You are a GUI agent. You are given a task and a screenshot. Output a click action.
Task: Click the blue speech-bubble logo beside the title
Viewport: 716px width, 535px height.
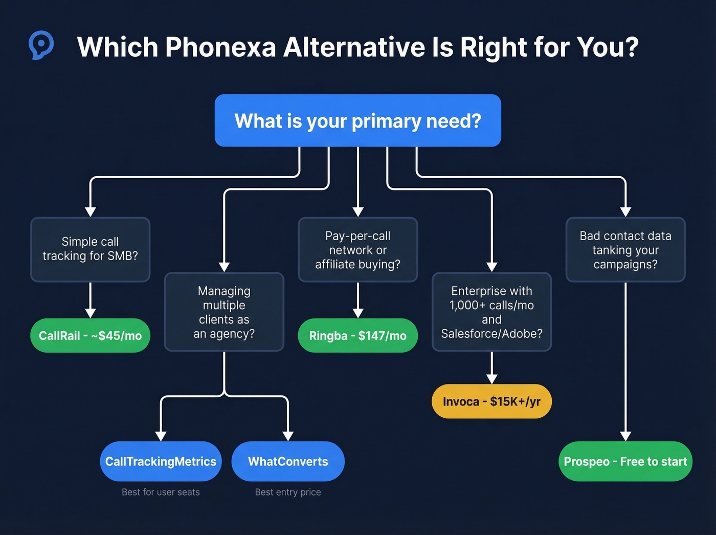[x=41, y=45]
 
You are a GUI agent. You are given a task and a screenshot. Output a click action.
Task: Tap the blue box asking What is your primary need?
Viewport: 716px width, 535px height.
[x=357, y=121]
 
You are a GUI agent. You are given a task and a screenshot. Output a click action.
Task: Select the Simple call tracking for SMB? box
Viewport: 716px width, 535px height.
[x=90, y=249]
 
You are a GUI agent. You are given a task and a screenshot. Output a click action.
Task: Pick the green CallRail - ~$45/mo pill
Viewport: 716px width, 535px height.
[x=90, y=336]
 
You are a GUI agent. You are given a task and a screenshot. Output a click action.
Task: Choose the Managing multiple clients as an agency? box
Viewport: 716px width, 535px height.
[x=224, y=312]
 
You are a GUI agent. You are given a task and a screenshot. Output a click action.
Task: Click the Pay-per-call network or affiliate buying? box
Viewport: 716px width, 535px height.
[x=357, y=249]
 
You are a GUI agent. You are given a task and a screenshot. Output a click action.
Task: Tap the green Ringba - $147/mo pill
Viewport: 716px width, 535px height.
[x=357, y=336]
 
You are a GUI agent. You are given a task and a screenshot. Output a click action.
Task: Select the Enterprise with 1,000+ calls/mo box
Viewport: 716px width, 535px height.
[x=491, y=312]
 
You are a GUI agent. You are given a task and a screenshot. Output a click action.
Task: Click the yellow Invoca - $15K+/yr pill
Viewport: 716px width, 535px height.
[x=491, y=401]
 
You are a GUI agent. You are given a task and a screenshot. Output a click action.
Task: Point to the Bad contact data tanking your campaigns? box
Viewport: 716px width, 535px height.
[x=625, y=249]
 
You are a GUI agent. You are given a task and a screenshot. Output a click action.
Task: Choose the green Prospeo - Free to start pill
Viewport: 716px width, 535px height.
[x=625, y=461]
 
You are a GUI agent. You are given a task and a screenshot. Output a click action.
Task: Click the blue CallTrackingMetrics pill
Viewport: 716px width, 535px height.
[x=161, y=461]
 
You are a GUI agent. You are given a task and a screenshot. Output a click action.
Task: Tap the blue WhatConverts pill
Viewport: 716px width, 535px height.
[x=288, y=461]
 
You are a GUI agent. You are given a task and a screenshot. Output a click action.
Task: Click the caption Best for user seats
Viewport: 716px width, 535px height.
[x=161, y=492]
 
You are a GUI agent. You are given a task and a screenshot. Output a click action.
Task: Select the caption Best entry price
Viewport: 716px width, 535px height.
[x=288, y=492]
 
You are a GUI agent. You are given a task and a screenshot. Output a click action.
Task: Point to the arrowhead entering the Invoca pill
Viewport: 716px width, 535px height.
[x=491, y=379]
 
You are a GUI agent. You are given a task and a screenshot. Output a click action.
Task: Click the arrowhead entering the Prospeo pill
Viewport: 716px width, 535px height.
[x=625, y=436]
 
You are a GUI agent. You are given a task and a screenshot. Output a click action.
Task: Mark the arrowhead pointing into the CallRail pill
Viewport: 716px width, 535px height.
[x=90, y=313]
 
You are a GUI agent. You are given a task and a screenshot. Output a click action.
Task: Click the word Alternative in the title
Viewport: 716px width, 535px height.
[x=354, y=47]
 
